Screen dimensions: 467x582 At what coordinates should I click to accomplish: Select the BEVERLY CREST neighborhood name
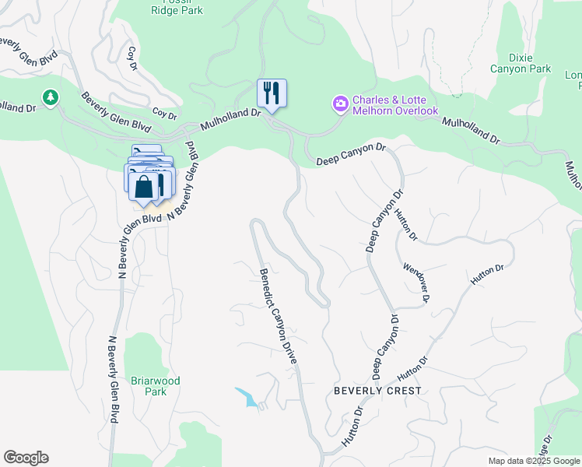377,391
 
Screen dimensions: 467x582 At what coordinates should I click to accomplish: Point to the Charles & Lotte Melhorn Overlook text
394,106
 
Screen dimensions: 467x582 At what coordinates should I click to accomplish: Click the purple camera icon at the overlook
340,104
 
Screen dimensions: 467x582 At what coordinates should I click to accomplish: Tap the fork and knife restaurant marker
272,93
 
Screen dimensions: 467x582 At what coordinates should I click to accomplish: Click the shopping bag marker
144,187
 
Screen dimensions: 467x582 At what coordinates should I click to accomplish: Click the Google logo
26,458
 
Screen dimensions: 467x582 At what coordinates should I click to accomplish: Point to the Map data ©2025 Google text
534,461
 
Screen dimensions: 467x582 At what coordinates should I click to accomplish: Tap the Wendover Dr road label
417,283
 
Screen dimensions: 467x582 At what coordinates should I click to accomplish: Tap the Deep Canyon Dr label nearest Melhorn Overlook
351,154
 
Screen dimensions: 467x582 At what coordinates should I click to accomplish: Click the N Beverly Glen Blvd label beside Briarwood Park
113,379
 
